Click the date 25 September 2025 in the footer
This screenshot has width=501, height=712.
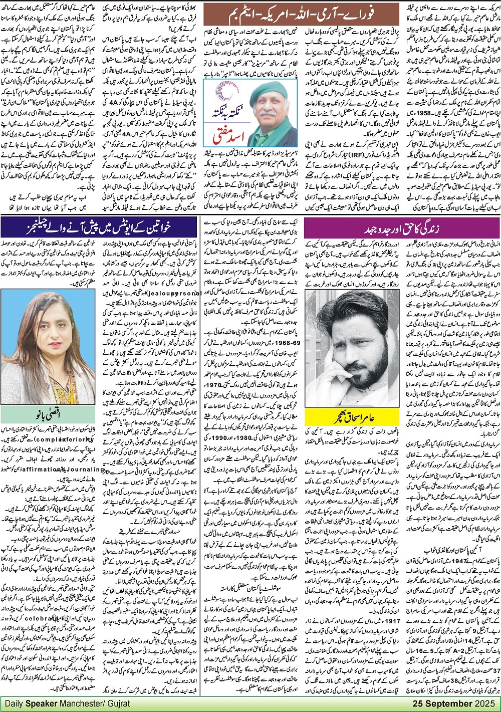(455, 704)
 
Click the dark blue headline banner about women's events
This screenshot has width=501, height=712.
(100, 226)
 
